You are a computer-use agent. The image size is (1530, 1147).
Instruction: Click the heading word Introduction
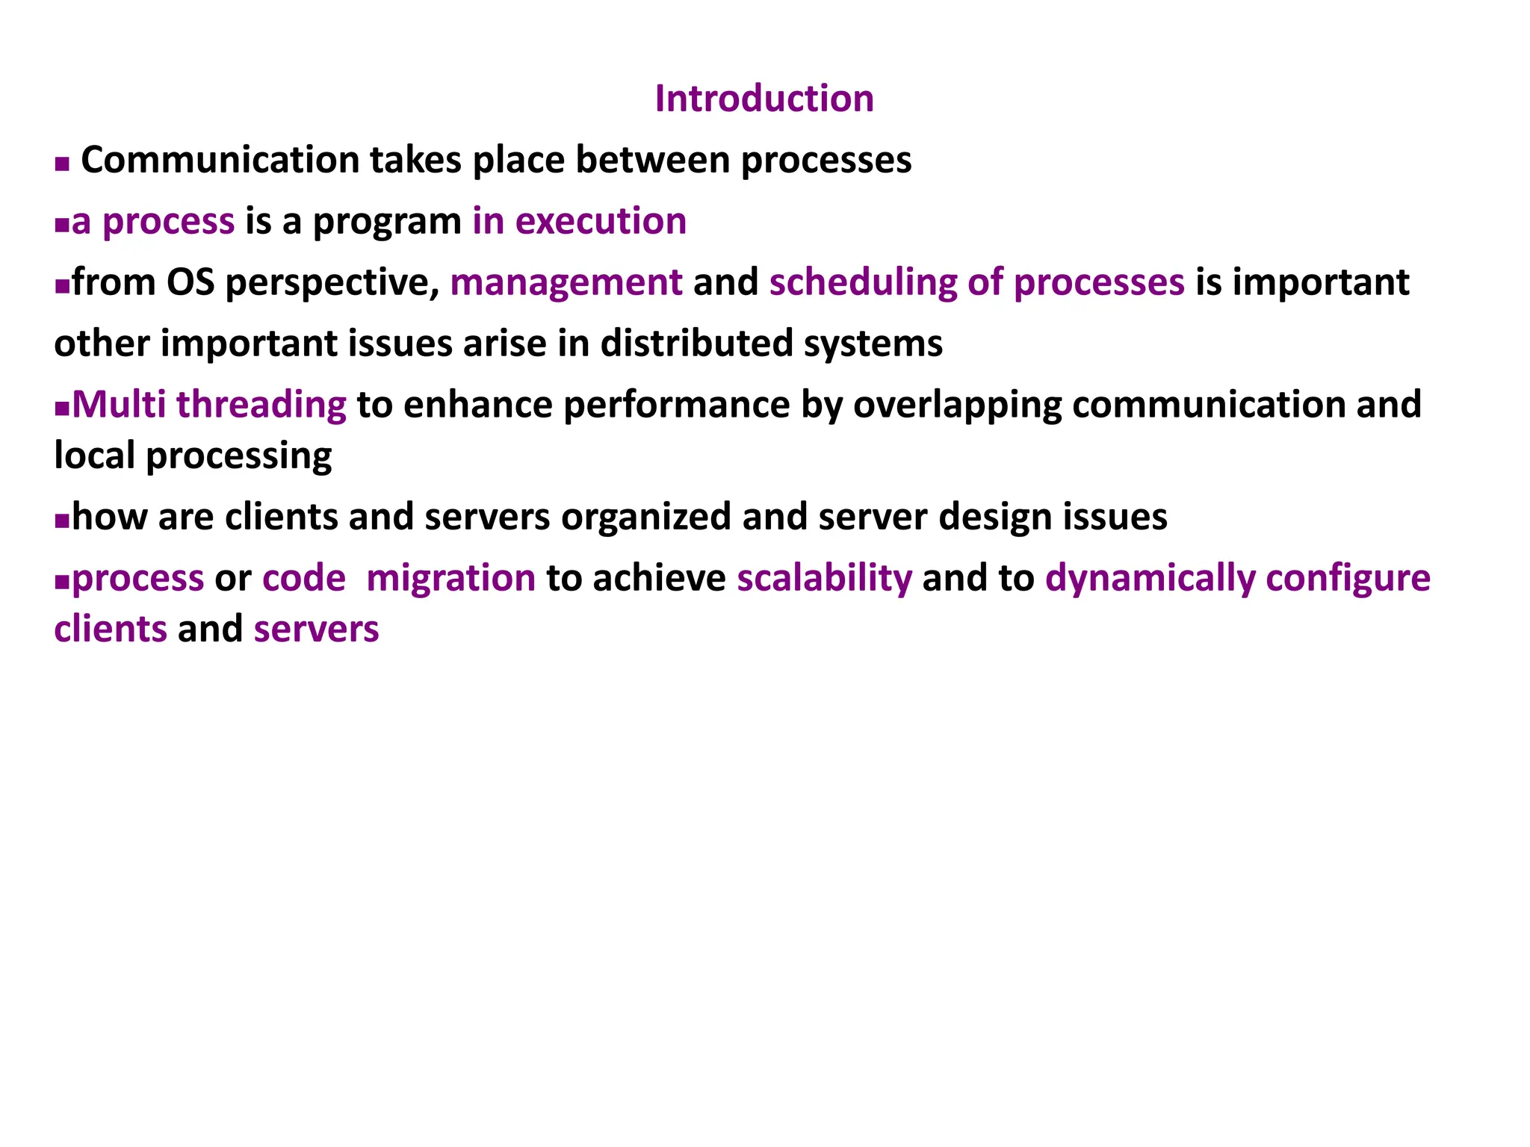click(764, 99)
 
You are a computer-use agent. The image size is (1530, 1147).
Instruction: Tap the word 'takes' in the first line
click(415, 161)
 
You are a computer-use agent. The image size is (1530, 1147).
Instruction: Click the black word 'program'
click(387, 223)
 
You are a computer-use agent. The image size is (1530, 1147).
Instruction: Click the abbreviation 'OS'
click(190, 283)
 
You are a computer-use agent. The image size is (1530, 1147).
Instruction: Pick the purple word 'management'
click(566, 284)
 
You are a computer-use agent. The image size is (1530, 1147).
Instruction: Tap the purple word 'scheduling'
click(862, 284)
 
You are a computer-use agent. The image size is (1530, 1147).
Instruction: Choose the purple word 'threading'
click(261, 405)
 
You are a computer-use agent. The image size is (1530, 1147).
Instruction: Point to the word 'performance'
click(677, 405)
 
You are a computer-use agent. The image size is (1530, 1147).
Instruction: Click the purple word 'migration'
click(451, 579)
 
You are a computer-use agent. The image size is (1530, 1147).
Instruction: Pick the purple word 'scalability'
click(825, 579)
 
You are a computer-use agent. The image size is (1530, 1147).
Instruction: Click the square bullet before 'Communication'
click(62, 164)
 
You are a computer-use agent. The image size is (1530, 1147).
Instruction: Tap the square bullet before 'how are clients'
click(62, 520)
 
